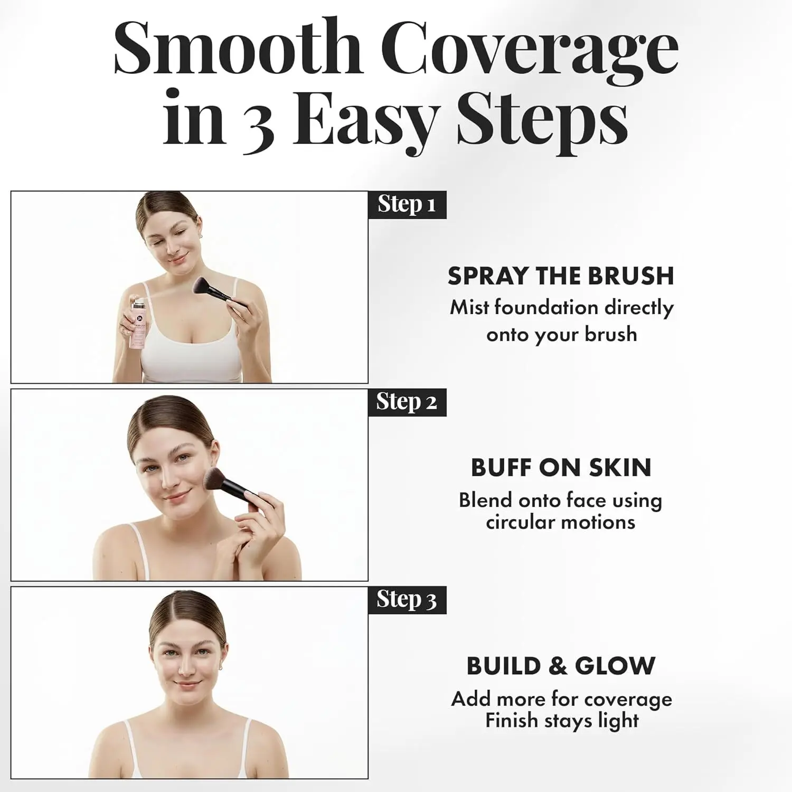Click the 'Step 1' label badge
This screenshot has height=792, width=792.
407,205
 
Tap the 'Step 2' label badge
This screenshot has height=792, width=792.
407,402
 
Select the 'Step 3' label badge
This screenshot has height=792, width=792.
407,600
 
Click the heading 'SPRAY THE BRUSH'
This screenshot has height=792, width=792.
561,276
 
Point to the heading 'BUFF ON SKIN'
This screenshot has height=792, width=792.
561,468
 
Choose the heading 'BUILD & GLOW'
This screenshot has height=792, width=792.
561,666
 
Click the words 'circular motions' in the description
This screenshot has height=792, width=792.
561,523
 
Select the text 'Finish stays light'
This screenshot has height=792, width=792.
562,721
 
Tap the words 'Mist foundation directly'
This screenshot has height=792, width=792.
562,308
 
